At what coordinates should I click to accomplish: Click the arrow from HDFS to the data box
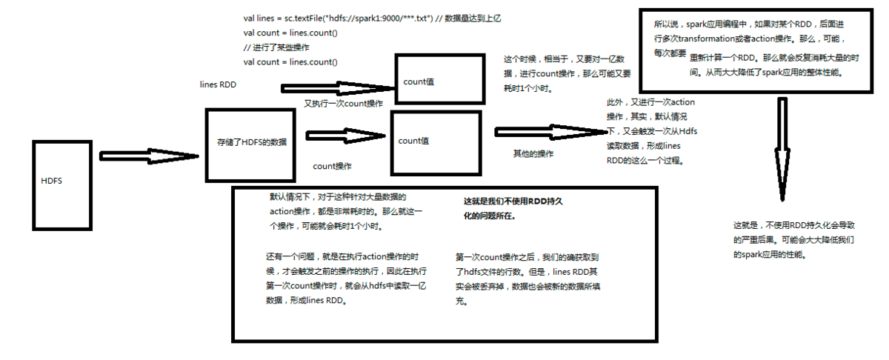(x=148, y=156)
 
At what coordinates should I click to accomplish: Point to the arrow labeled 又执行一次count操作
(x=337, y=88)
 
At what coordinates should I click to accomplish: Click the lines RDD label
(x=218, y=85)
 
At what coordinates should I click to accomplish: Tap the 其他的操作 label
(x=533, y=154)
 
